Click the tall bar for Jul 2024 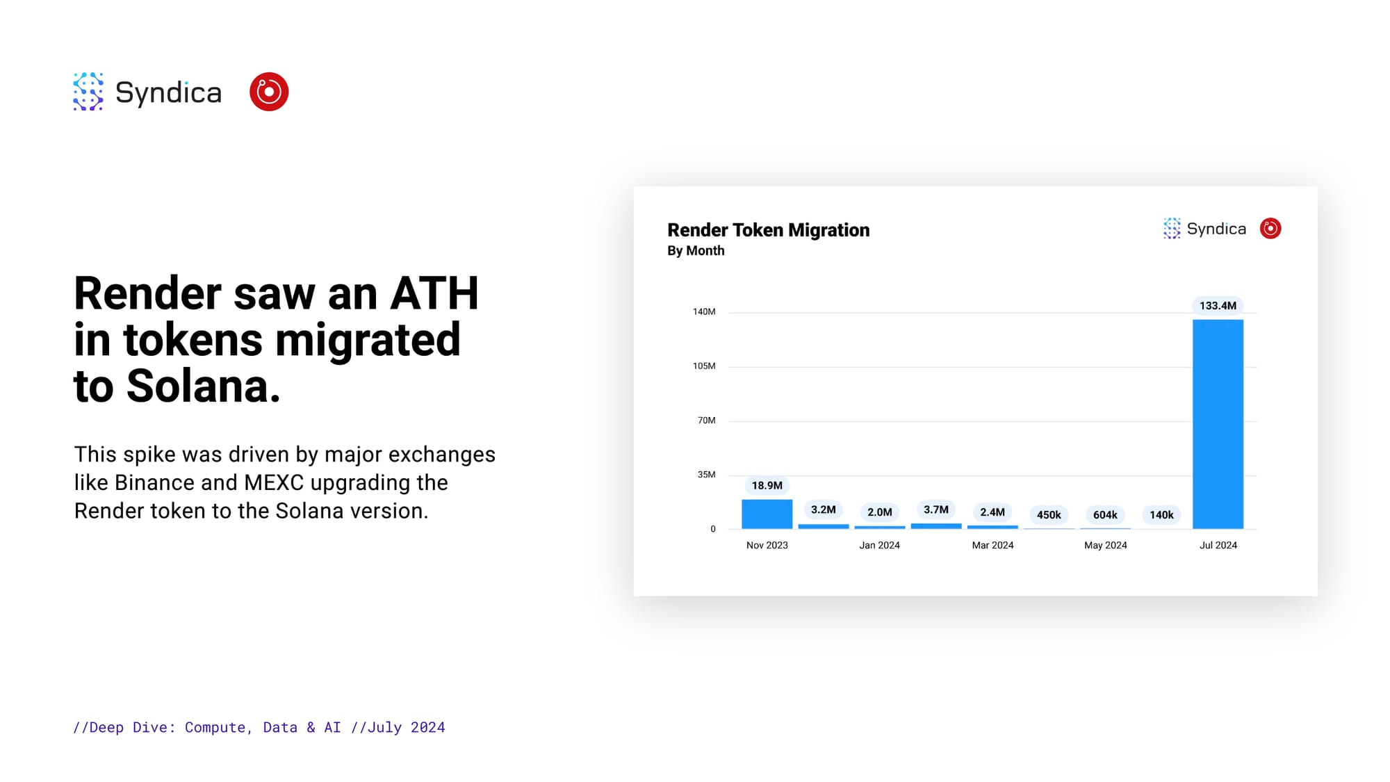[1218, 424]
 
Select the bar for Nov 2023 [767, 514]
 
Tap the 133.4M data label [1218, 306]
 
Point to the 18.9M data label [767, 485]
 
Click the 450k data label [1049, 515]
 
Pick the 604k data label [1105, 515]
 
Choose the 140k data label [1161, 515]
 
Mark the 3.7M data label [936, 510]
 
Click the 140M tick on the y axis [704, 311]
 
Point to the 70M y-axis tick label [706, 420]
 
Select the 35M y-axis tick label [706, 474]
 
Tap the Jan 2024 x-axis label [879, 545]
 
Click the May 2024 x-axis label [1105, 545]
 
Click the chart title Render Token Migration [768, 230]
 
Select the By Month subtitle [696, 251]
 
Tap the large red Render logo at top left [269, 92]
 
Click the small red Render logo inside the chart [1270, 229]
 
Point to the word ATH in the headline [434, 293]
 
